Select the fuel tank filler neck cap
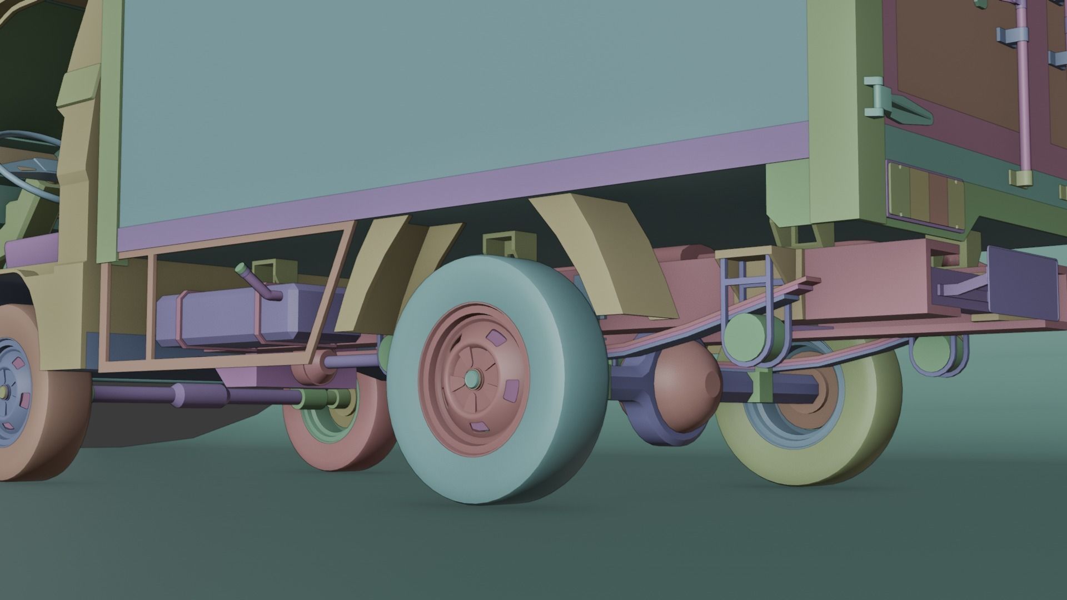click(241, 269)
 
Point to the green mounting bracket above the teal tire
click(503, 244)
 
